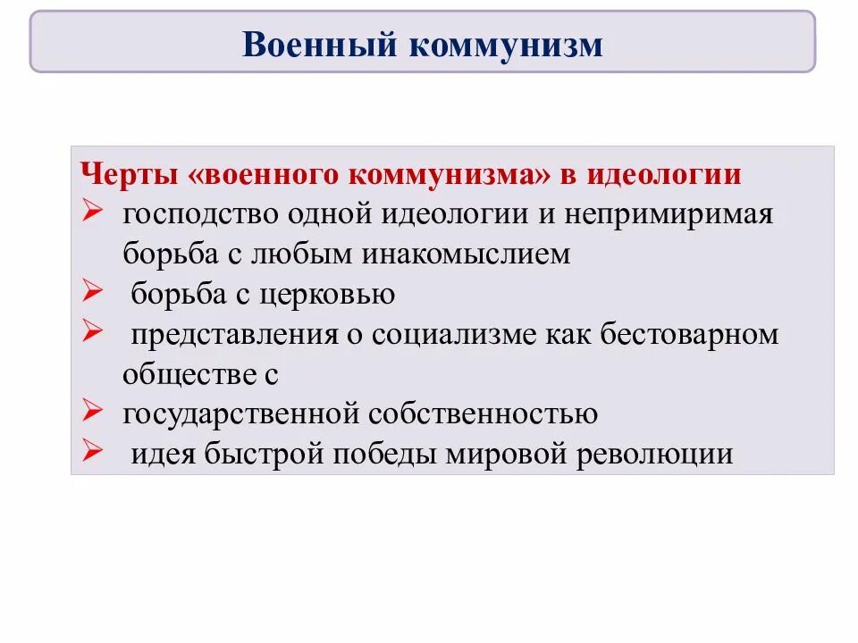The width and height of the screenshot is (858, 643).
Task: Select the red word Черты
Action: pyautogui.click(x=131, y=174)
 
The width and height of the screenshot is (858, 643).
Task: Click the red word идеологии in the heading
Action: pyautogui.click(x=663, y=174)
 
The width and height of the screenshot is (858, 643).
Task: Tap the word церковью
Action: pyautogui.click(x=332, y=295)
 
